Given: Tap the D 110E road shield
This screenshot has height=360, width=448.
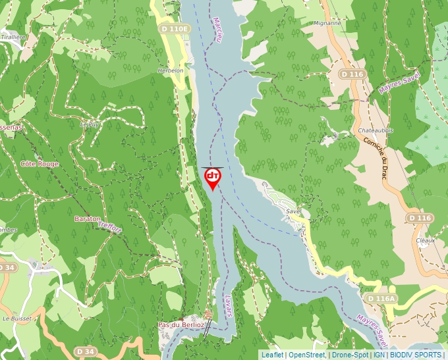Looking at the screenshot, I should pos(175,29).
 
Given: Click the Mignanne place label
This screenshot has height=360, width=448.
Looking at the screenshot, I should pos(327,23).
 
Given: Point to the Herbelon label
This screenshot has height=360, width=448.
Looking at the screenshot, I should pos(170,70).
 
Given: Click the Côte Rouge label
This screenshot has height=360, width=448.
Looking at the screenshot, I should pos(40,164).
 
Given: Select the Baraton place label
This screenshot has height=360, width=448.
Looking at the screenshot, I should pos(88,219).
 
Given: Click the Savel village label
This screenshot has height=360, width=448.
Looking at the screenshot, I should pos(293,211).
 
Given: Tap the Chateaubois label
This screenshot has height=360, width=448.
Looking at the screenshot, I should pos(376,131).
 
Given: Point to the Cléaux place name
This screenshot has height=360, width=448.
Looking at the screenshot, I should pos(426,240).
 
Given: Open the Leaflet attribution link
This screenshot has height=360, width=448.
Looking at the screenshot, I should pos(272,355).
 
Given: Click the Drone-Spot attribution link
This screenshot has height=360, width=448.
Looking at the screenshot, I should pos(350,355).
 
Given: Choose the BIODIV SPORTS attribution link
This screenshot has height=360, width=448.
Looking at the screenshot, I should pos(416,355).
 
